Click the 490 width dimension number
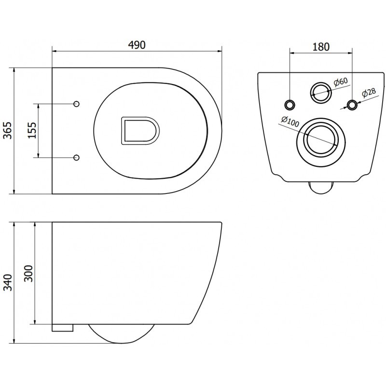(137, 44)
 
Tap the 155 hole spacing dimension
(32, 130)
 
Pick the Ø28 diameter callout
(369, 93)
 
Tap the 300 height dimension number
(28, 274)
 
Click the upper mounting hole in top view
(76, 104)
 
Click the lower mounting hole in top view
(76, 157)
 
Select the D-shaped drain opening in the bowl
(139, 130)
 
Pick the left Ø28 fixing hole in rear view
(290, 104)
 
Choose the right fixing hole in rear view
(353, 104)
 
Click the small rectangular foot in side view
(62, 328)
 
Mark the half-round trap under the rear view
(321, 187)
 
